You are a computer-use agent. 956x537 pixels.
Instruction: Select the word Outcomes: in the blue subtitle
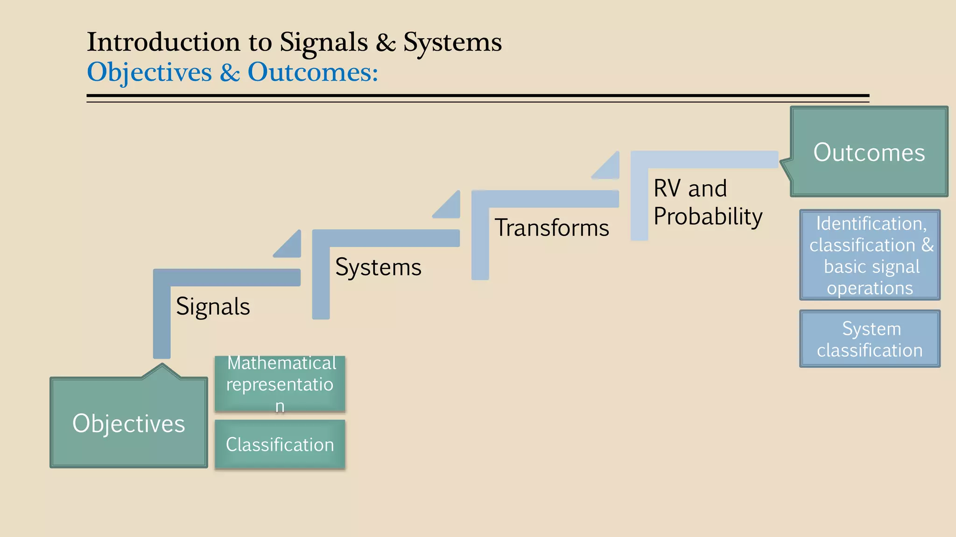tap(313, 73)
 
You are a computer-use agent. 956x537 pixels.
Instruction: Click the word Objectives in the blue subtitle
tap(149, 73)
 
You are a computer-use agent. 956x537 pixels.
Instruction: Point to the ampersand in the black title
tap(386, 43)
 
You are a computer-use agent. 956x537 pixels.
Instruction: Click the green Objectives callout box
tap(128, 423)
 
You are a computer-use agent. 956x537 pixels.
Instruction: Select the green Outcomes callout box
tap(869, 152)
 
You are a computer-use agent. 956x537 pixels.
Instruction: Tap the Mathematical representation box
tap(280, 384)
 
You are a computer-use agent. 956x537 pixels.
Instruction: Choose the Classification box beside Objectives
tap(280, 444)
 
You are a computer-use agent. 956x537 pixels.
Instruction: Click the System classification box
tap(870, 339)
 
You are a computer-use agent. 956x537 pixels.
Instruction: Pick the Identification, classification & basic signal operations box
tap(870, 255)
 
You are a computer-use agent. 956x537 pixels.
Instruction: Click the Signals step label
tap(213, 307)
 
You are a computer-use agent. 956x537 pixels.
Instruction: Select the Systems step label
tap(378, 267)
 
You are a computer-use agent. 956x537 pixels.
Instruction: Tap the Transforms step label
tap(552, 228)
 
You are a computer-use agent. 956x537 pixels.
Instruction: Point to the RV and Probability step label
tap(707, 202)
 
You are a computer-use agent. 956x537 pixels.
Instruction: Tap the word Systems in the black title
tap(452, 43)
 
